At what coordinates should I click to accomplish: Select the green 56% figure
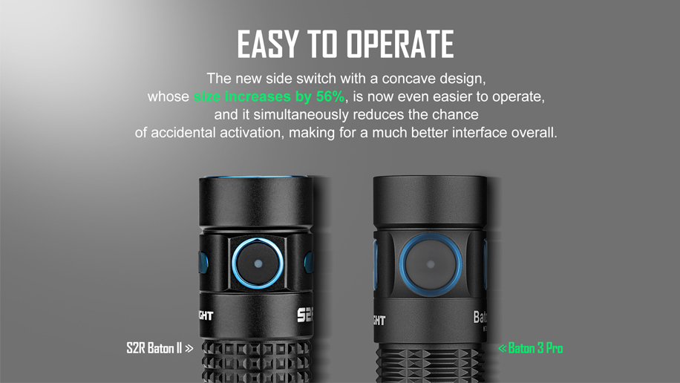coord(330,96)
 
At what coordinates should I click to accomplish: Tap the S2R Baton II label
coord(154,348)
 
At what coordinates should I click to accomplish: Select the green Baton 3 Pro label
coord(535,348)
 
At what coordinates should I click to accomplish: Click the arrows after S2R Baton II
coord(189,348)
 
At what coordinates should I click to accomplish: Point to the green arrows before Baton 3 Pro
coord(502,348)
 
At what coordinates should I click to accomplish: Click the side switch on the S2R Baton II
coord(258,263)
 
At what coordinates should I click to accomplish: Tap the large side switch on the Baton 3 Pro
coord(431,264)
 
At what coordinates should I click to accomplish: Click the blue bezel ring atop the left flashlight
coord(256,177)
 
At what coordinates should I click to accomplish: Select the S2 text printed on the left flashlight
coord(305,315)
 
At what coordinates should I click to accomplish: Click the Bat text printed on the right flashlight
coord(480,317)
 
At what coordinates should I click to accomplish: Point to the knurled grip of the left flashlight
coord(256,361)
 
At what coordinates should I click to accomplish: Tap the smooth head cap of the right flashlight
coord(430,202)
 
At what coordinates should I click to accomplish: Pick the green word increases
coord(258,96)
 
